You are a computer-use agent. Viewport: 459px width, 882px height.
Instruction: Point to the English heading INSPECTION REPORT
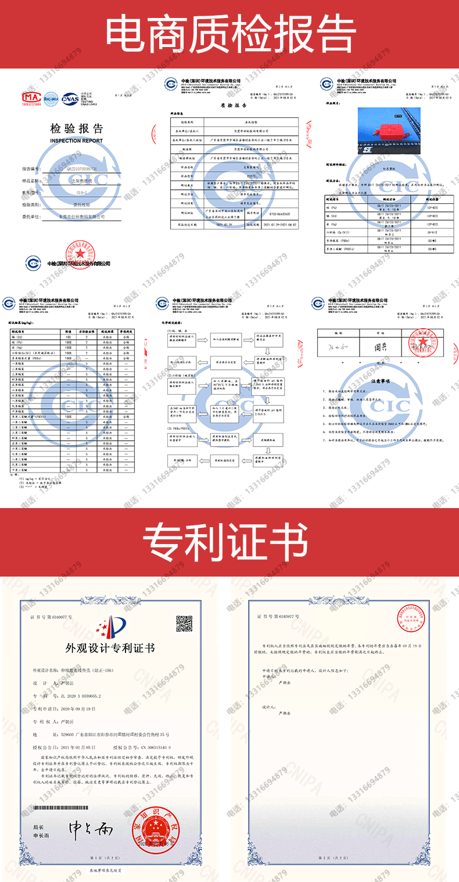pos(76,141)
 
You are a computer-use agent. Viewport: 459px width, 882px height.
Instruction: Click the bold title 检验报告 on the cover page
pos(76,129)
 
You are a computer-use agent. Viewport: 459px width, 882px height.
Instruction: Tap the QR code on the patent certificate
pos(184,624)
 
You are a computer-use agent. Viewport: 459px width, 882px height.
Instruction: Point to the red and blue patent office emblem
pos(109,624)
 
